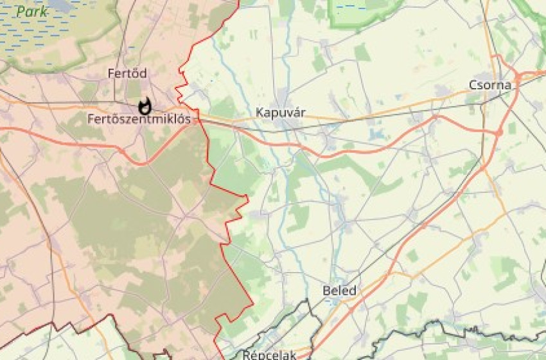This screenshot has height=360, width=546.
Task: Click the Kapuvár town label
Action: pyautogui.click(x=281, y=113)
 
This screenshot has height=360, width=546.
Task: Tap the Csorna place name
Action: pyautogui.click(x=490, y=85)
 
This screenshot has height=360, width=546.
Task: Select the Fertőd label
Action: pyautogui.click(x=127, y=74)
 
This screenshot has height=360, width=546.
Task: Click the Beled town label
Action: pyautogui.click(x=339, y=291)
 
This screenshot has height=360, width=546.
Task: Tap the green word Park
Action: pyautogui.click(x=33, y=11)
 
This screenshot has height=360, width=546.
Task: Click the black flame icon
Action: pyautogui.click(x=145, y=105)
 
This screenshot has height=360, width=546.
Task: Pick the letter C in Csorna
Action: pyautogui.click(x=473, y=85)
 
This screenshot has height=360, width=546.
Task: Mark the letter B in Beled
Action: pyautogui.click(x=326, y=291)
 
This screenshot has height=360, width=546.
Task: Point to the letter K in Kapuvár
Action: pyautogui.click(x=260, y=113)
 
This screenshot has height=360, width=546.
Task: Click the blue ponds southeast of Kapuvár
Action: pyautogui.click(x=375, y=135)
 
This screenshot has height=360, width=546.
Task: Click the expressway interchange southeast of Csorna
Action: pyautogui.click(x=498, y=132)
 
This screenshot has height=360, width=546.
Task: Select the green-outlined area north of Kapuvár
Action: pyautogui.click(x=360, y=13)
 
